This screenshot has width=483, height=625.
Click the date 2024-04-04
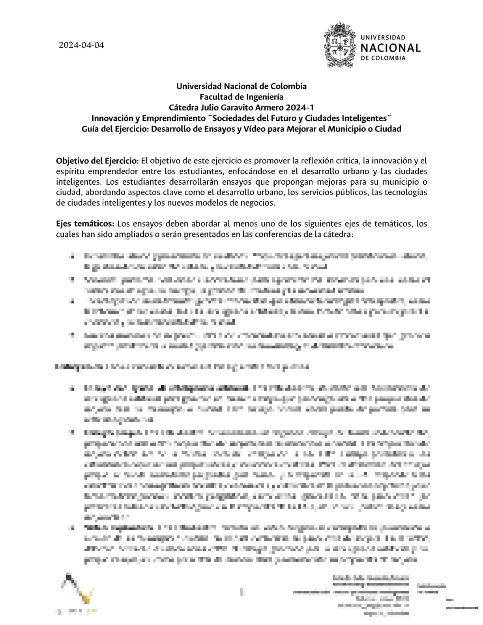[81, 45]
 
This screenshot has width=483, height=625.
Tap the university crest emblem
[340, 45]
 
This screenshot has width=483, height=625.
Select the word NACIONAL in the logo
[390, 48]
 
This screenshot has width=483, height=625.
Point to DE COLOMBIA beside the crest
[383, 58]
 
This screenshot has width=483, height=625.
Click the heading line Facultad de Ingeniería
[241, 97]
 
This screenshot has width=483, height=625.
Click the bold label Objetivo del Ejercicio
[97, 161]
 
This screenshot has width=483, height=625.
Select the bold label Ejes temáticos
[85, 224]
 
